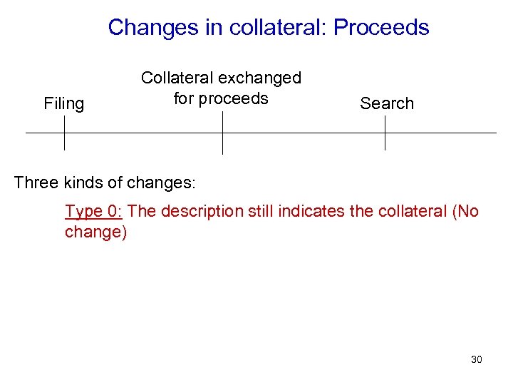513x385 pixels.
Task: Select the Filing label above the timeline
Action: point(63,104)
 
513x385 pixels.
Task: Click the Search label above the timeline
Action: point(386,104)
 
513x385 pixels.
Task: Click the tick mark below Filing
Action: point(64,133)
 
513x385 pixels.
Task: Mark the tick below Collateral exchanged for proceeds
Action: point(222,133)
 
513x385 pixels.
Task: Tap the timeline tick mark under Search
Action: point(385,133)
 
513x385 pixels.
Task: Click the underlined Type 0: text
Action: point(94,212)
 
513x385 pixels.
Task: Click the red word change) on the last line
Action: point(95,233)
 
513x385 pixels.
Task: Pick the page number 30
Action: point(476,359)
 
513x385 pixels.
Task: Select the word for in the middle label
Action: point(184,98)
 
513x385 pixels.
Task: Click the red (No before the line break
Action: point(465,212)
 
